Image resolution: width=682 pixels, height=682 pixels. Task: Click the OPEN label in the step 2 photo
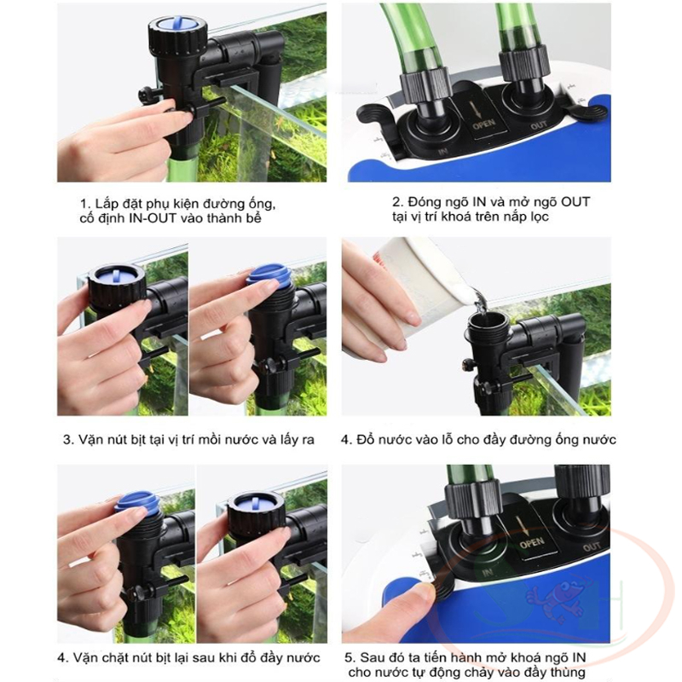(x=483, y=124)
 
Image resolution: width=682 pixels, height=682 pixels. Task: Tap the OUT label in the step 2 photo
(x=539, y=125)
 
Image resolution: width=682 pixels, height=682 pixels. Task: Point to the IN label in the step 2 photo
(x=442, y=152)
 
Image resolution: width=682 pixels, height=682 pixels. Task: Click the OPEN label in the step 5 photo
(x=531, y=543)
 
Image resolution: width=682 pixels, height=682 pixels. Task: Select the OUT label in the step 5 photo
(x=592, y=546)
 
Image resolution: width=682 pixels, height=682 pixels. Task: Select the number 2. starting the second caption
(x=397, y=202)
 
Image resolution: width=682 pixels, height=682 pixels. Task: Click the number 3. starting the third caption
(x=69, y=440)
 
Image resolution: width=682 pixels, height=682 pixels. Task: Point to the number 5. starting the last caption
(x=350, y=657)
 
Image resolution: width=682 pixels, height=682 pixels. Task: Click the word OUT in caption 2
(x=575, y=202)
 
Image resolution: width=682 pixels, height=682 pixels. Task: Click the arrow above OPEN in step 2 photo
(x=477, y=107)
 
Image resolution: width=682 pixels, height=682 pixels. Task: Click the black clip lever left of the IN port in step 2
(x=375, y=117)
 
